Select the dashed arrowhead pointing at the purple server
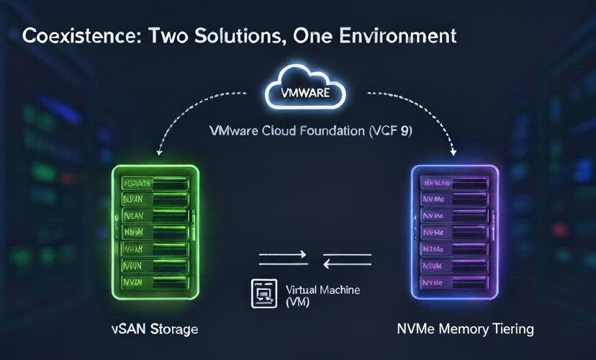tap(454, 153)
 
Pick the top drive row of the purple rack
tap(454, 183)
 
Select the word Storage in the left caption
tap(173, 329)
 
